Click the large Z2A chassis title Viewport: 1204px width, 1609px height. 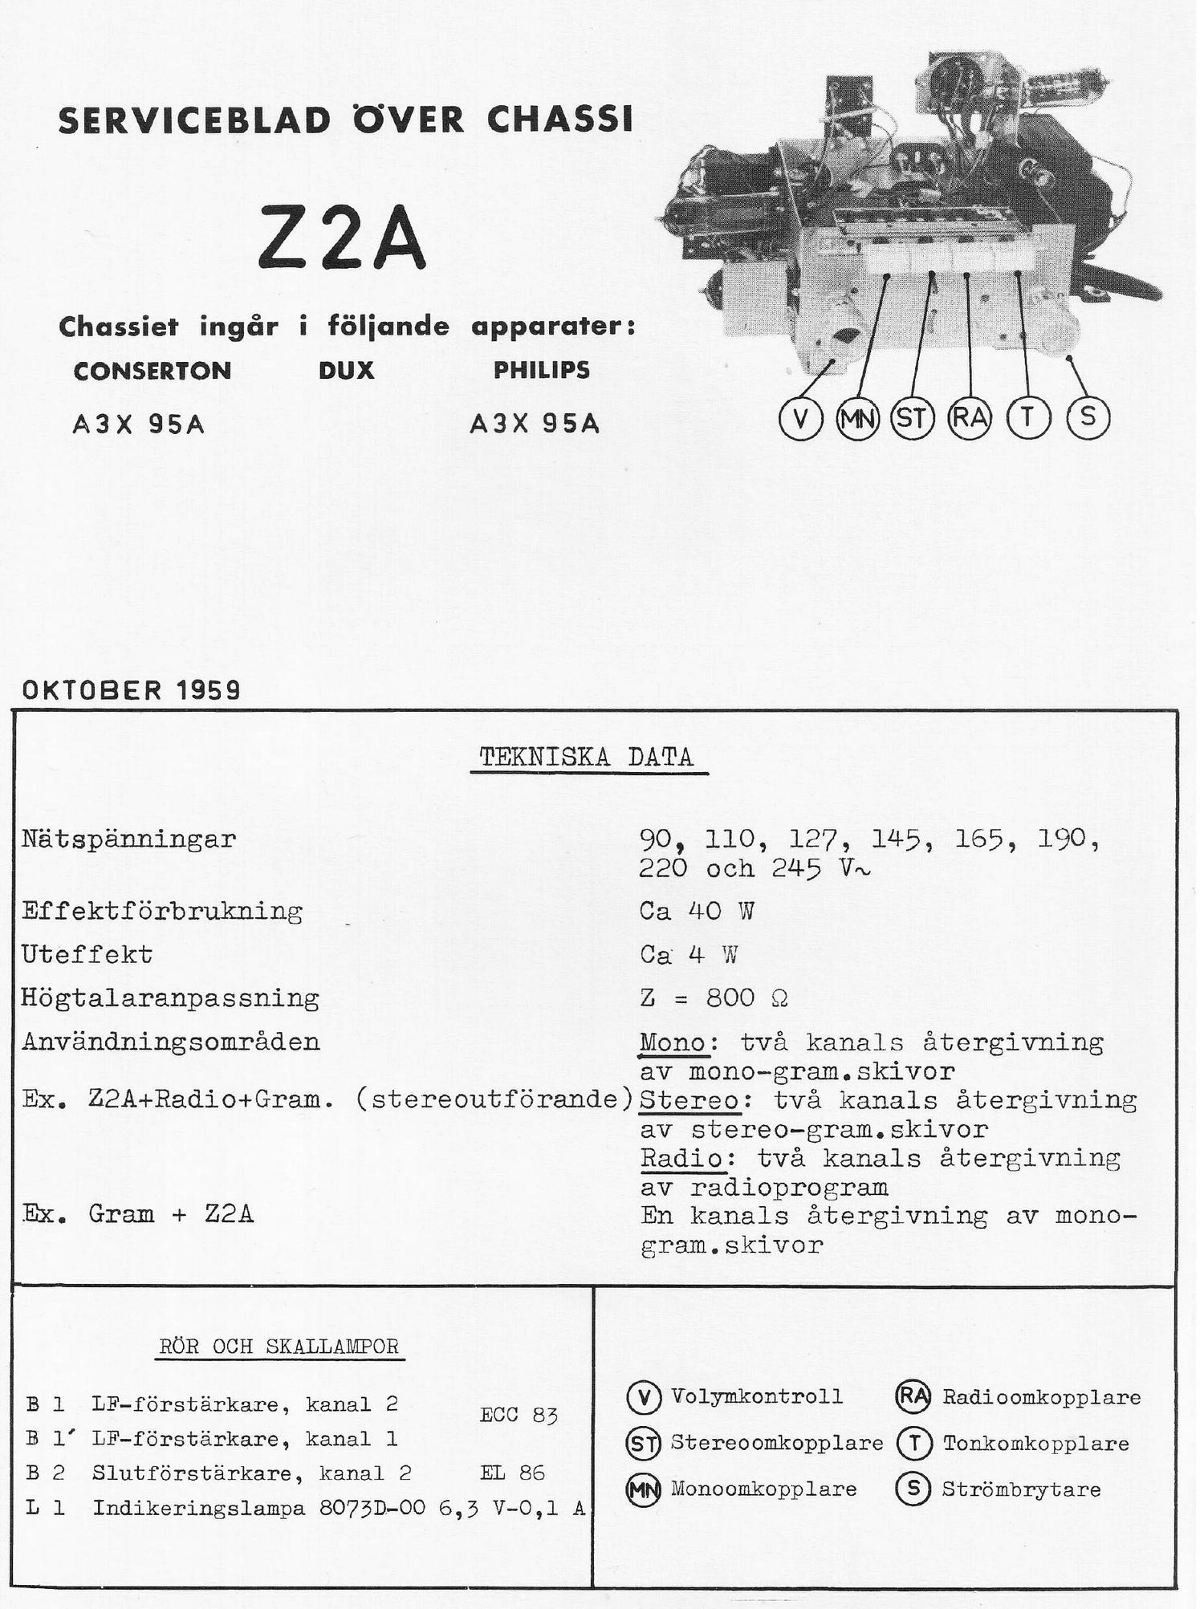coord(342,238)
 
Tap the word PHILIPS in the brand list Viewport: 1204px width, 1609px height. coord(541,370)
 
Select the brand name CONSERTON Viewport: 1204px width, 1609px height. coord(153,371)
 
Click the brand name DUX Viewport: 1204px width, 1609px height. coord(346,370)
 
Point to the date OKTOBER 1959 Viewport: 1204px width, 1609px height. coord(131,689)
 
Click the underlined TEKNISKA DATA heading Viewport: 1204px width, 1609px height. coord(587,758)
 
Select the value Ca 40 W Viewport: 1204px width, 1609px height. coord(697,910)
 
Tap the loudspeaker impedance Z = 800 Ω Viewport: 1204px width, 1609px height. coord(714,997)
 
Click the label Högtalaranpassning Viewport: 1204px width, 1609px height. coord(170,998)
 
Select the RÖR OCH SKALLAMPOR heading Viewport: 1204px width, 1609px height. coord(279,1346)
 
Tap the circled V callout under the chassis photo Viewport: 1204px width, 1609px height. coord(800,419)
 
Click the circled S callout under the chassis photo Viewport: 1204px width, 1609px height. coord(1088,418)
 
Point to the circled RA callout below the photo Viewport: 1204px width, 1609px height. coord(970,418)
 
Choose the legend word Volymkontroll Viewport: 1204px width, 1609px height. coord(757,1396)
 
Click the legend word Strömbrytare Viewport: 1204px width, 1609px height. coord(1021,1489)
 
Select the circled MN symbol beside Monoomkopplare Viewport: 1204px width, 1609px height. coord(643,1490)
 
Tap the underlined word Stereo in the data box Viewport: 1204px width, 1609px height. coord(689,1099)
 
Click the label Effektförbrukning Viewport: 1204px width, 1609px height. coord(162,911)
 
